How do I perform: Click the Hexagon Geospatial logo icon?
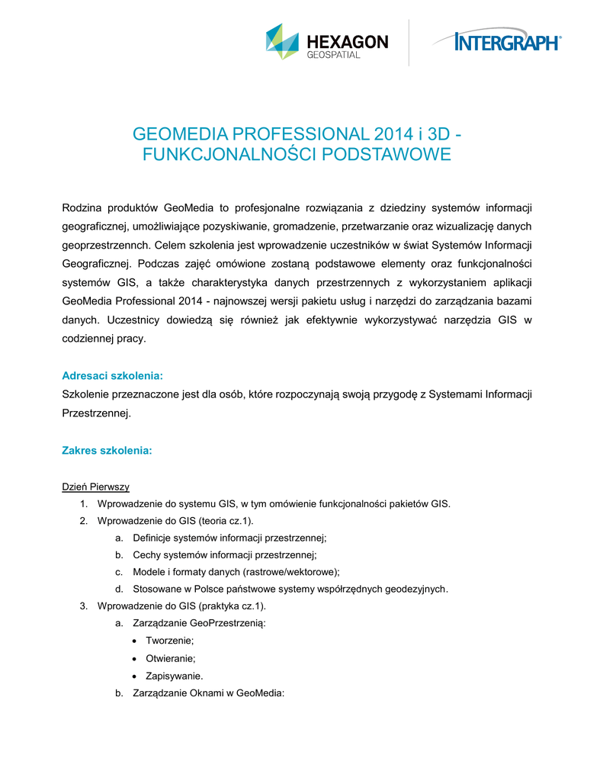(282, 41)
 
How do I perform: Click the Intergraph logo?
(496, 41)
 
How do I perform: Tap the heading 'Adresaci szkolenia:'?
(112, 376)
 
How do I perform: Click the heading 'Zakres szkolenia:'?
(107, 451)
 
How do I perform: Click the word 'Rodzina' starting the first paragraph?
(81, 207)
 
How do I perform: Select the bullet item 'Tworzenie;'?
(170, 641)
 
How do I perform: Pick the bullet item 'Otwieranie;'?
(171, 658)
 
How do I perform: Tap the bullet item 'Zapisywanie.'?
(175, 676)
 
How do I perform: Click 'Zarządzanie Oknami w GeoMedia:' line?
(208, 693)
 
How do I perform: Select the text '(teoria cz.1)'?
(226, 521)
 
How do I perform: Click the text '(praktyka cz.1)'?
(232, 606)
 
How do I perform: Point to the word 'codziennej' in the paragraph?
(86, 338)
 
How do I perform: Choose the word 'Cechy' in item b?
(148, 554)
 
